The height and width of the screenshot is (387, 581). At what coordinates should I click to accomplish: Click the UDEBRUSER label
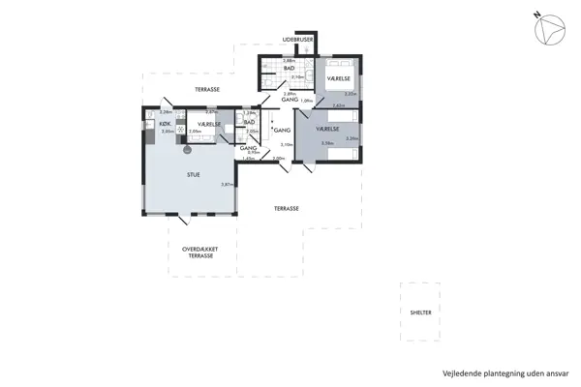(x=297, y=40)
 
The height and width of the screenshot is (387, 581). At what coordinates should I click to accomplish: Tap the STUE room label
(x=195, y=174)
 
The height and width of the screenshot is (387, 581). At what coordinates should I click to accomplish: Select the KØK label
(x=165, y=125)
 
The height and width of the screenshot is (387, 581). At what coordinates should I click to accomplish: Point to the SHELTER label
(x=420, y=313)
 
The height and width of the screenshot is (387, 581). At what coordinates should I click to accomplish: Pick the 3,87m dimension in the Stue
(x=227, y=184)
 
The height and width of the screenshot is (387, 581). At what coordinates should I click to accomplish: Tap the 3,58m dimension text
(x=327, y=143)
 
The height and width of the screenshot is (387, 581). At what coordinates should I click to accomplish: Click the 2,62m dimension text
(x=339, y=105)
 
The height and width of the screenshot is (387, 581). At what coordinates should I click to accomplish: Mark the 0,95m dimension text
(x=254, y=152)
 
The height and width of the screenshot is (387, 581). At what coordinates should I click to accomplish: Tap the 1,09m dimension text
(x=307, y=101)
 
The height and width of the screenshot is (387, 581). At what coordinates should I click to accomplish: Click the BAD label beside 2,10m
(x=289, y=69)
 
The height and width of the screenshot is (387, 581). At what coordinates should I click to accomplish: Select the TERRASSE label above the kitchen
(x=206, y=89)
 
